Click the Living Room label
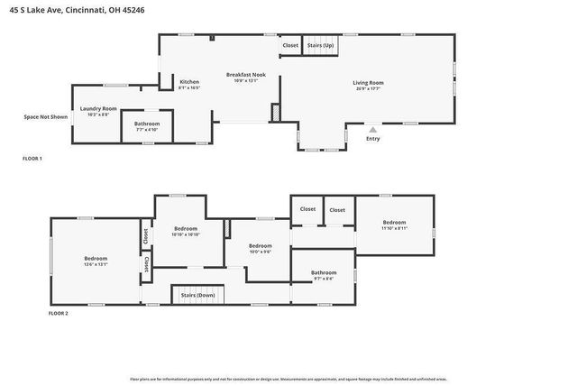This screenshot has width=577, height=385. point(368,83)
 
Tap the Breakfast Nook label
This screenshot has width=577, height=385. point(246,75)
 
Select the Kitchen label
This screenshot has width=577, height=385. point(188,82)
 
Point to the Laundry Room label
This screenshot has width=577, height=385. point(98,108)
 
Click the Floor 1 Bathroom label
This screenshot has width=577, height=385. point(147,124)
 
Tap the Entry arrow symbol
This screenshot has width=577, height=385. point(372,130)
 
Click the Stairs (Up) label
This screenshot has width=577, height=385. point(320,45)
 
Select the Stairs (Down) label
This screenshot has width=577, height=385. point(197,295)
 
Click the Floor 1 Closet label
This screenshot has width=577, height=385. point(290,45)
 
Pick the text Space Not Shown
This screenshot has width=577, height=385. point(45,116)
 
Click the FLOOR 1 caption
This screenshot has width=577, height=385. point(32,159)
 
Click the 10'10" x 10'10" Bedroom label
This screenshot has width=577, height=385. point(185,229)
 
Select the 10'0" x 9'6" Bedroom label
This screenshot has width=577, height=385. point(261,246)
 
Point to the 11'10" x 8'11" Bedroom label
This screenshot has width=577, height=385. point(394,223)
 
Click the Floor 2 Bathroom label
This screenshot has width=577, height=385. point(324,272)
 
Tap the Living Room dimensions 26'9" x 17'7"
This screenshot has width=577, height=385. point(368,89)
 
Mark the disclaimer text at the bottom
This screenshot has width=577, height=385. point(288,379)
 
